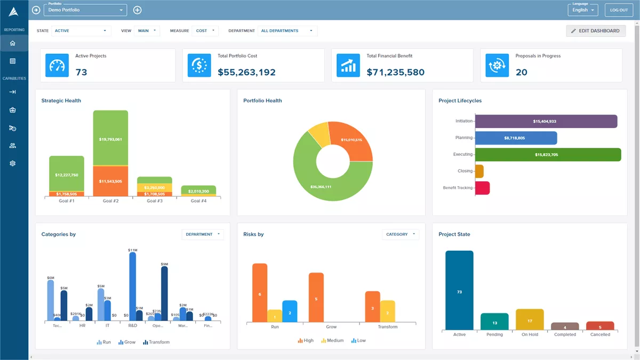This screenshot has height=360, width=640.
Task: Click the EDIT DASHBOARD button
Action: [595, 31]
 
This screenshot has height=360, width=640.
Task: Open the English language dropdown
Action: [583, 10]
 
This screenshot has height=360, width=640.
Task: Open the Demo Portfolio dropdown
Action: [85, 10]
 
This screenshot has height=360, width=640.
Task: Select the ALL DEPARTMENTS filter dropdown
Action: [287, 31]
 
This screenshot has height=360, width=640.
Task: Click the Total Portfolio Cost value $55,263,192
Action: [246, 72]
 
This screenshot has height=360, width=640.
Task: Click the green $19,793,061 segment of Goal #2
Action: [110, 138]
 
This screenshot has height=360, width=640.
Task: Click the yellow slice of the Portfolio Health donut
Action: [319, 134]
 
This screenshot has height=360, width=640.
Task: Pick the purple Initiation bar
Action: [545, 122]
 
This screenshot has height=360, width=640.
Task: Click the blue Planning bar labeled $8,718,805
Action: [515, 138]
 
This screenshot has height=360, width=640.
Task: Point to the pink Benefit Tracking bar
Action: [482, 188]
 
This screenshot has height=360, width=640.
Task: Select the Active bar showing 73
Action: [459, 291]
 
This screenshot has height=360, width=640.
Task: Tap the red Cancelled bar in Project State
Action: [600, 326]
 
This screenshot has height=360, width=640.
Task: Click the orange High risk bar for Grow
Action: [316, 298]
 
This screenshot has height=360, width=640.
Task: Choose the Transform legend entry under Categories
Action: [156, 342]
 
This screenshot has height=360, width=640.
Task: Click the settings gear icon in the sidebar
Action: [13, 163]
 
